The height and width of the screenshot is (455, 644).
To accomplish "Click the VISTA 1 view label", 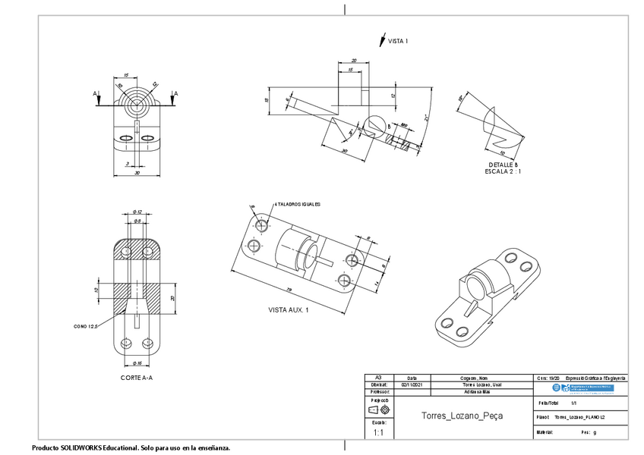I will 399,41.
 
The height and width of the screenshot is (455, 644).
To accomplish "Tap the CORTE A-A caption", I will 137,377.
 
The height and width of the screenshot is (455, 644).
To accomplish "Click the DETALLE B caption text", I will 503,165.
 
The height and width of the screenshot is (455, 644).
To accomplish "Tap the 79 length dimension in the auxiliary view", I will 290,290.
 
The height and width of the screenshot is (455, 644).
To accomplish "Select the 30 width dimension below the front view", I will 137,173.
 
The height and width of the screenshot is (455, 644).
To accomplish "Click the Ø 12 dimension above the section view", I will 137,212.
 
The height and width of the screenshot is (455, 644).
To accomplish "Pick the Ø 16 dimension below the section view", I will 137,363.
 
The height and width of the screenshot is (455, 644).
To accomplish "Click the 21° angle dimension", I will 427,119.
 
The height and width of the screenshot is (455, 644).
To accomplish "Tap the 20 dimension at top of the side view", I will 354,60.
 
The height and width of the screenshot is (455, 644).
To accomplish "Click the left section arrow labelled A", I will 96,93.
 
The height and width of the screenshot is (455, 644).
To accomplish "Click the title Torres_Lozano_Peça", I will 462,416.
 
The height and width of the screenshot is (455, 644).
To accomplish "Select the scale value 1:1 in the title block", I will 378,432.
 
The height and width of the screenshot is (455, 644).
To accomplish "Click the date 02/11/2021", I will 411,385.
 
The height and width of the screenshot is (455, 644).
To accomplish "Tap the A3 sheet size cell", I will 377,377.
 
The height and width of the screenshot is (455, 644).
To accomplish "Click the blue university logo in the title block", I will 582,388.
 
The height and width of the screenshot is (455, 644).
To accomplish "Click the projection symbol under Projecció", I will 378,410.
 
